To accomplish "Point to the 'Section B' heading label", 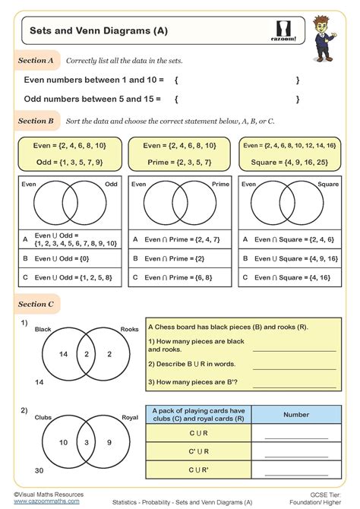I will pyautogui.click(x=36, y=121).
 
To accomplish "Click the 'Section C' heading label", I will pyautogui.click(x=36, y=304).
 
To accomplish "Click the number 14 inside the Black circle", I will pyautogui.click(x=63, y=354).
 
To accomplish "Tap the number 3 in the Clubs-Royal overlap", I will pyautogui.click(x=87, y=442).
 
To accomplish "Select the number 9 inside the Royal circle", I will pyautogui.click(x=109, y=442).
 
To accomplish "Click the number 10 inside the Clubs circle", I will pyautogui.click(x=64, y=442).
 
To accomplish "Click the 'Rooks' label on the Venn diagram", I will pyautogui.click(x=128, y=330).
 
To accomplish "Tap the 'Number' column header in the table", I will pyautogui.click(x=296, y=415).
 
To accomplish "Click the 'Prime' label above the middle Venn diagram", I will pyautogui.click(x=220, y=184).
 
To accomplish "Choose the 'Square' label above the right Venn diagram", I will pyautogui.click(x=328, y=184).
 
